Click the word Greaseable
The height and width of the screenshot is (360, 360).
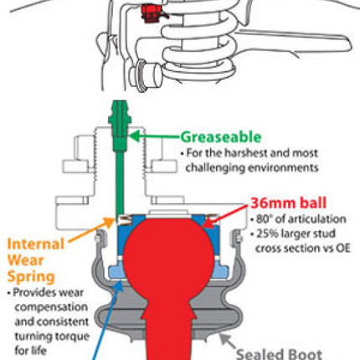221,137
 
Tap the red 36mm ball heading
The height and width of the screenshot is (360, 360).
288,203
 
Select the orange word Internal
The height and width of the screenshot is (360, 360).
36,244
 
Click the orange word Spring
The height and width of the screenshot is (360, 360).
31,277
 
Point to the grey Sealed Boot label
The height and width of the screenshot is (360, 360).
279,354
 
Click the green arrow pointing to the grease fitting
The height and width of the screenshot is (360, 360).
155,136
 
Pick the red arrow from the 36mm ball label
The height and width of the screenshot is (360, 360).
226,215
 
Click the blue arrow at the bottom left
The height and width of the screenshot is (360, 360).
107,321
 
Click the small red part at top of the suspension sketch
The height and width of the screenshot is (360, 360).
152,13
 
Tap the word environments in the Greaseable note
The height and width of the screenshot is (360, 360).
283,168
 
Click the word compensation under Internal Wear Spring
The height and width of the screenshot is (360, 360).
51,307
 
